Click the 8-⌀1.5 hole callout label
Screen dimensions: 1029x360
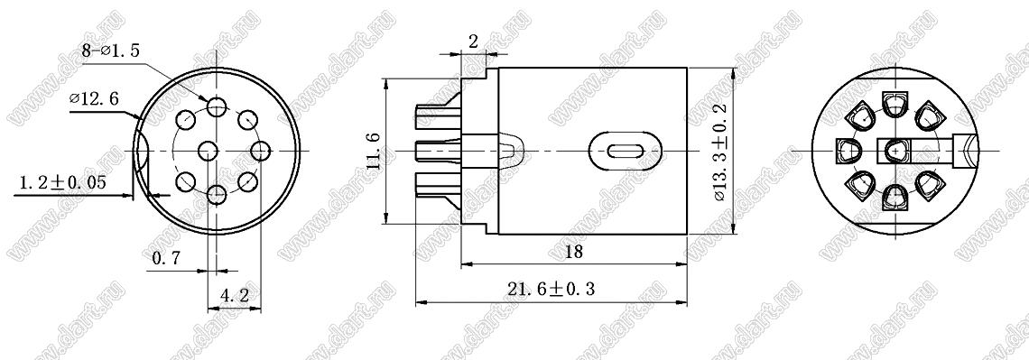[111, 51]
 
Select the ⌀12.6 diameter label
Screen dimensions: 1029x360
[94, 99]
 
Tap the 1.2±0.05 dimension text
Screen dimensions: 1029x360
[63, 182]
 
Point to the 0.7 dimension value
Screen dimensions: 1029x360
[166, 259]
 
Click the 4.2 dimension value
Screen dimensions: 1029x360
[235, 296]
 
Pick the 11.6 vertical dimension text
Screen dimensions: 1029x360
[374, 151]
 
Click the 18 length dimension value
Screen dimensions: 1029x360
[573, 252]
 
